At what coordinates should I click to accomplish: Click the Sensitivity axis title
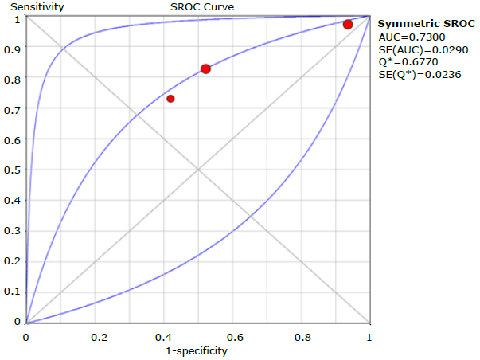[x=33, y=7]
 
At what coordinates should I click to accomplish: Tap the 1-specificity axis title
[x=197, y=350]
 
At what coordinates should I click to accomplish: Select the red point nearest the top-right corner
[x=348, y=25]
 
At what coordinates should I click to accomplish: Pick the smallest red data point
[x=170, y=99]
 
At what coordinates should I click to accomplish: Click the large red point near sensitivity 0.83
[x=205, y=69]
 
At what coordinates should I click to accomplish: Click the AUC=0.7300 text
[x=405, y=37]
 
